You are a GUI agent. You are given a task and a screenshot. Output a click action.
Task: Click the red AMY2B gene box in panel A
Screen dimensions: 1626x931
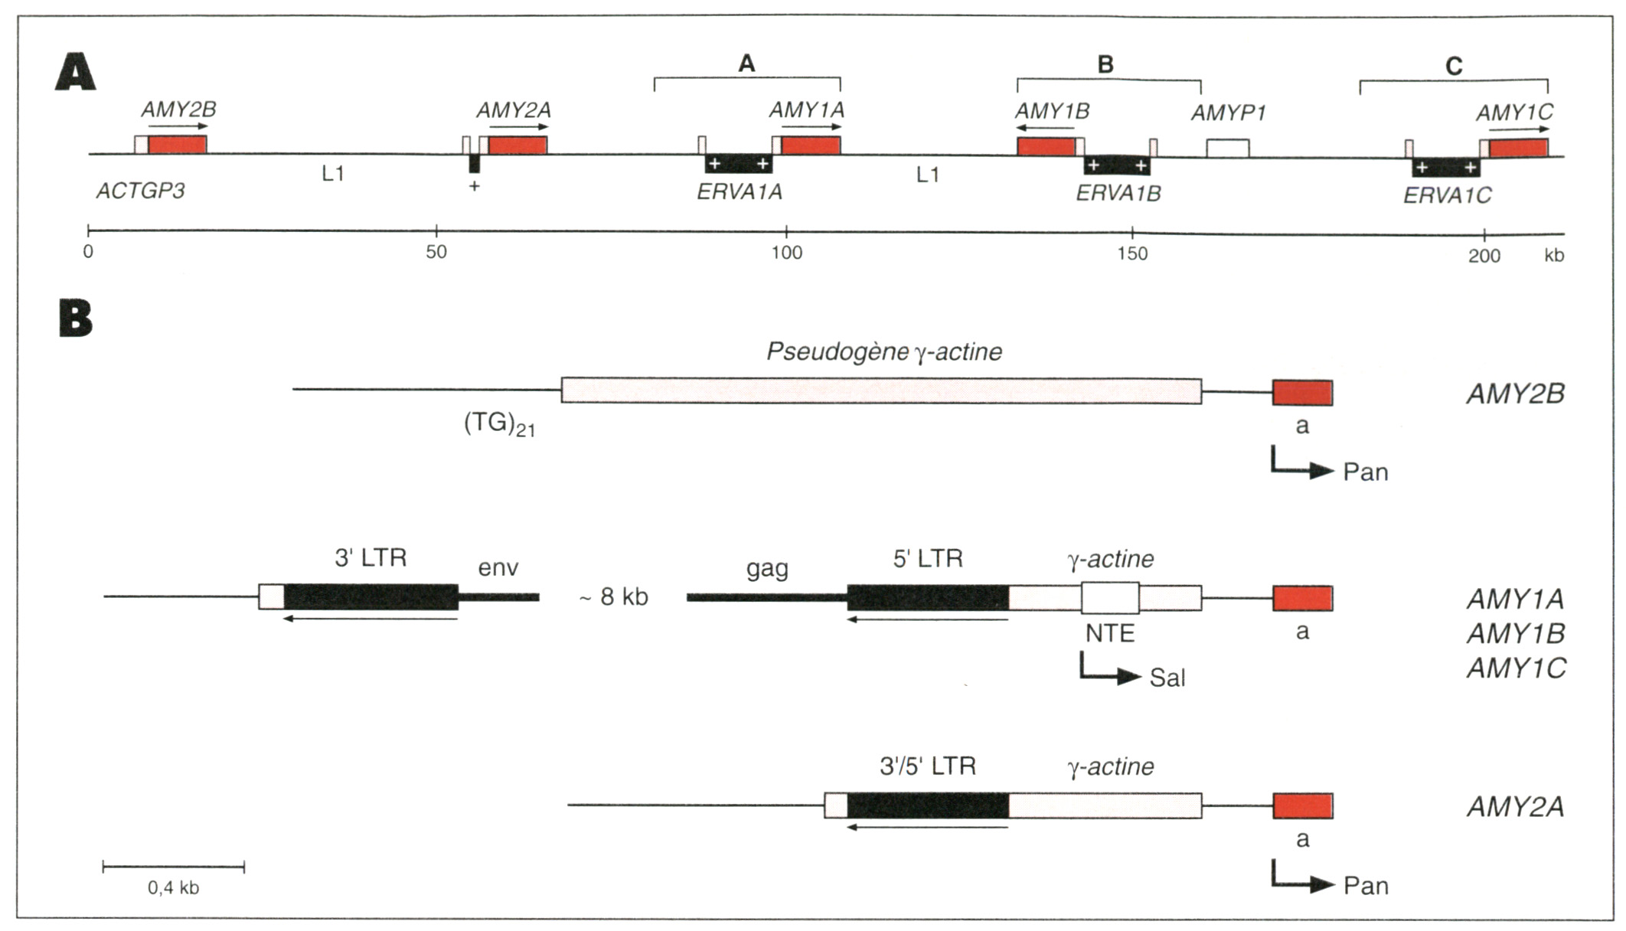(177, 145)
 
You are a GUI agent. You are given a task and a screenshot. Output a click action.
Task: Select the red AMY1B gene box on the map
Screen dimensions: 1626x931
(1046, 146)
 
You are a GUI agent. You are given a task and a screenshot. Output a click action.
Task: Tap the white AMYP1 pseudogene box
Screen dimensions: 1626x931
(1228, 149)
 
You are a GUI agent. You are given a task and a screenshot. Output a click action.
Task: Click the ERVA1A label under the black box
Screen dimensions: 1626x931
(739, 192)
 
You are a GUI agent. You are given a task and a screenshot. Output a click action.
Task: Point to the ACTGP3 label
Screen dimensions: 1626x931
(140, 191)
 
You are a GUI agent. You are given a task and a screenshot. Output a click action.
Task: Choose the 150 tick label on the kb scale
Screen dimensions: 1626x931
(1132, 253)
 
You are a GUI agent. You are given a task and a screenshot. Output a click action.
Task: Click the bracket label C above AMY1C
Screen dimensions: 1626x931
(1453, 67)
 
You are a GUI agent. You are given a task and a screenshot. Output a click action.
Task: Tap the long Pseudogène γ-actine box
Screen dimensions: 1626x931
(881, 390)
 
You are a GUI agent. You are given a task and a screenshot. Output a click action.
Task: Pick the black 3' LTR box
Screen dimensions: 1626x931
(371, 597)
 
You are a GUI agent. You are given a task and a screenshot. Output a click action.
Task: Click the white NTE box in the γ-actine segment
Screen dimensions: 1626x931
(1110, 598)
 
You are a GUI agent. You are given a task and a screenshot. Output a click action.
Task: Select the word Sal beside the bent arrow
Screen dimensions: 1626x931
(1167, 678)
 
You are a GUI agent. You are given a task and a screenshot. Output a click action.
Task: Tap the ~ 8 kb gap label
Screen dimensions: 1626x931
(613, 596)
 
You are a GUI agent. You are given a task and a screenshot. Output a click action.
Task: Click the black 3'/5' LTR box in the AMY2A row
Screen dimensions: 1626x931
(928, 805)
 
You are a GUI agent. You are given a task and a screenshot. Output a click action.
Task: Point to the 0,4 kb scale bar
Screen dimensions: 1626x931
(174, 867)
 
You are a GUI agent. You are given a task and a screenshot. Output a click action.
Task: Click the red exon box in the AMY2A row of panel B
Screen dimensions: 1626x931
(1303, 805)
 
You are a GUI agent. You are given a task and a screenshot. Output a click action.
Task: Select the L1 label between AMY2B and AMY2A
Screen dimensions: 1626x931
(333, 174)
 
